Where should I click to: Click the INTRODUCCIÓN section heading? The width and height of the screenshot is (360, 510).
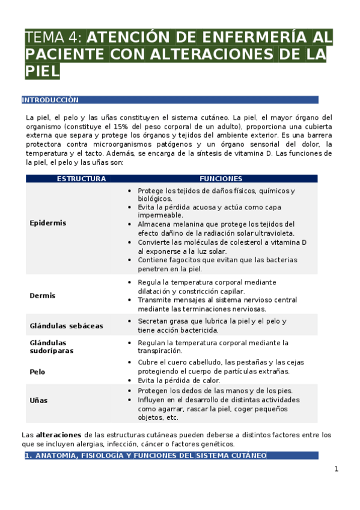[x=50, y=100]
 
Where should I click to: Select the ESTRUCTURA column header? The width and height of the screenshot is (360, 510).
[x=81, y=179]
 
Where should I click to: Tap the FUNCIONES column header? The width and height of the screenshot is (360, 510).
[x=221, y=179]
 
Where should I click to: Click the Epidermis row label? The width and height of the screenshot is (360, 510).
[x=48, y=223]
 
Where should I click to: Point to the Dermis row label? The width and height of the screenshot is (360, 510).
[x=43, y=295]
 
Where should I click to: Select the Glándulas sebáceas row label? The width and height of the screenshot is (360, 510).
[x=66, y=325]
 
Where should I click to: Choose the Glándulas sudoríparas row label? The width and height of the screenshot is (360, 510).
[x=52, y=346]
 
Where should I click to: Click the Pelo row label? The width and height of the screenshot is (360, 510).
[x=38, y=372]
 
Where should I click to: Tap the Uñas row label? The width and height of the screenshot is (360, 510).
[x=38, y=400]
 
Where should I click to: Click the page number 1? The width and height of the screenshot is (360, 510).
[x=337, y=469]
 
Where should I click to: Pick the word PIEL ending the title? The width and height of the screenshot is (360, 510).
[x=43, y=72]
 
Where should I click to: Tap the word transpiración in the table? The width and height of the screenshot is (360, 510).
[x=160, y=351]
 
